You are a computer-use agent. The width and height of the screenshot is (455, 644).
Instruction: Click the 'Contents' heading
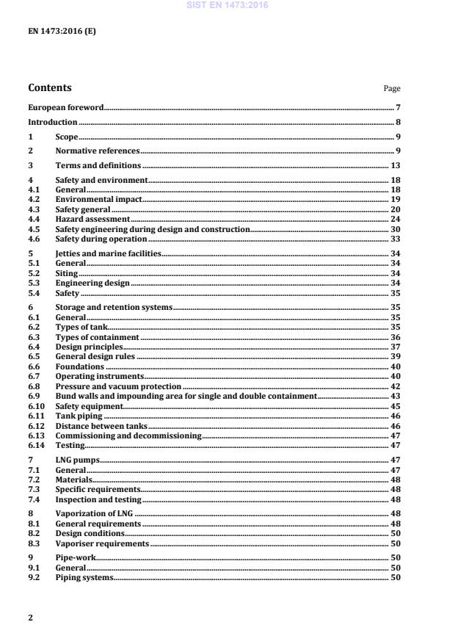coord(50,88)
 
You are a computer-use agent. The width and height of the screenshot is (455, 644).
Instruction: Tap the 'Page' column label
coord(392,89)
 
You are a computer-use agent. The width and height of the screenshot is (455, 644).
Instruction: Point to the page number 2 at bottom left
coord(31,618)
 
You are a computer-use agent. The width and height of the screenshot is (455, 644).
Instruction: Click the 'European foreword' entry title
coord(66,108)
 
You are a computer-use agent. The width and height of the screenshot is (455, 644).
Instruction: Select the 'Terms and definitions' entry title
coord(98,165)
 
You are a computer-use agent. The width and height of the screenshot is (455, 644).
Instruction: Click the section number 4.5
coord(33,229)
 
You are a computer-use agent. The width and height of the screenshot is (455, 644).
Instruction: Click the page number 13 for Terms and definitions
coord(395,165)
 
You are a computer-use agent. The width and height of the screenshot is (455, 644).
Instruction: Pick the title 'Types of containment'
coord(98,336)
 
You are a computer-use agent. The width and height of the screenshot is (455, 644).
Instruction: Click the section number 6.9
coord(33,396)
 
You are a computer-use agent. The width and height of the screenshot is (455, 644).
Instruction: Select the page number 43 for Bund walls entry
coord(395,396)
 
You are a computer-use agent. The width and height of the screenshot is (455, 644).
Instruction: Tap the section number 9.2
coord(33,578)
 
